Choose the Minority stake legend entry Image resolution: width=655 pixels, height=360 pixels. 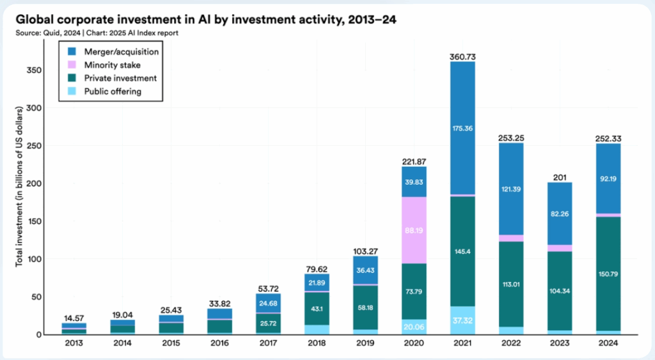coord(111,65)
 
